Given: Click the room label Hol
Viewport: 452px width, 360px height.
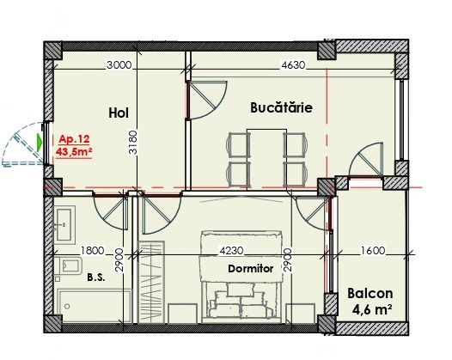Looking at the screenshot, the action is pyautogui.click(x=119, y=113).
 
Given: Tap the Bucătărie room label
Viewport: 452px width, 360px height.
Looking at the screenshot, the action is pyautogui.click(x=281, y=107).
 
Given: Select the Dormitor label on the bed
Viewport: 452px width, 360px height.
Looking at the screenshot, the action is pyautogui.click(x=251, y=269).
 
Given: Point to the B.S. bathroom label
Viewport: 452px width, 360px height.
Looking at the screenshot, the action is pyautogui.click(x=96, y=278).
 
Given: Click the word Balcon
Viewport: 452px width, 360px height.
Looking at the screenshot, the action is pyautogui.click(x=370, y=294).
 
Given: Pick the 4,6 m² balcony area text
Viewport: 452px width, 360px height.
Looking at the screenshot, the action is pyautogui.click(x=372, y=309).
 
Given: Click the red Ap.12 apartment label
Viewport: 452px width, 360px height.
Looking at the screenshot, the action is pyautogui.click(x=75, y=139).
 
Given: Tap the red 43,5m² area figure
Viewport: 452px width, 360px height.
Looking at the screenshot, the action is pyautogui.click(x=74, y=151).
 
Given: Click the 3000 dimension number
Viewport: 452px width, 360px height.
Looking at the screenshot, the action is pyautogui.click(x=119, y=65).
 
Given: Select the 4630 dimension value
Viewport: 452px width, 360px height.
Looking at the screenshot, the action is pyautogui.click(x=293, y=65).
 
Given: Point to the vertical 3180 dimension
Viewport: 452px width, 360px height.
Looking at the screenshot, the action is pyautogui.click(x=132, y=142).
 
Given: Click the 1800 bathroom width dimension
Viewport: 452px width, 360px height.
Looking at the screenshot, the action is pyautogui.click(x=92, y=251).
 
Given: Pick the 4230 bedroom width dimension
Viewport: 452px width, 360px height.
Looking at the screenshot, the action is pyautogui.click(x=231, y=251).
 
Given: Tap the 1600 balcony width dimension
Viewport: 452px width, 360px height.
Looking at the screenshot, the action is pyautogui.click(x=373, y=251).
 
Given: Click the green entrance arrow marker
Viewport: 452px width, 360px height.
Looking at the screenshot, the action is pyautogui.click(x=40, y=143).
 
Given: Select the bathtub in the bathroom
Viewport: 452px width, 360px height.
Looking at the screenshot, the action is pyautogui.click(x=95, y=306).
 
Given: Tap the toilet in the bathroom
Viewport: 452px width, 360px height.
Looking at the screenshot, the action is pyautogui.click(x=69, y=265).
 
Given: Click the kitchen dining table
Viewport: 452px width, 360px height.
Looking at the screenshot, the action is pyautogui.click(x=266, y=158).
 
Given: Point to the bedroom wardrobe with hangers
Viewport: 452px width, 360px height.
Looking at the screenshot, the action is pyautogui.click(x=151, y=282).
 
